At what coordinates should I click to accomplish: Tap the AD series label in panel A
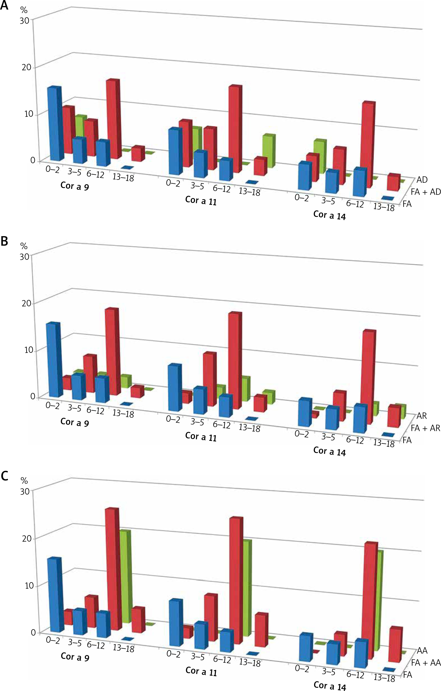422,180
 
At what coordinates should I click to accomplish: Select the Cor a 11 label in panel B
201,436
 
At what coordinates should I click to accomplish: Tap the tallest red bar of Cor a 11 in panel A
235,129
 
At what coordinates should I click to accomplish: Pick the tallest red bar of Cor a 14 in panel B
368,377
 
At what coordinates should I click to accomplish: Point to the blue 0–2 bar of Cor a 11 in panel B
174,387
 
